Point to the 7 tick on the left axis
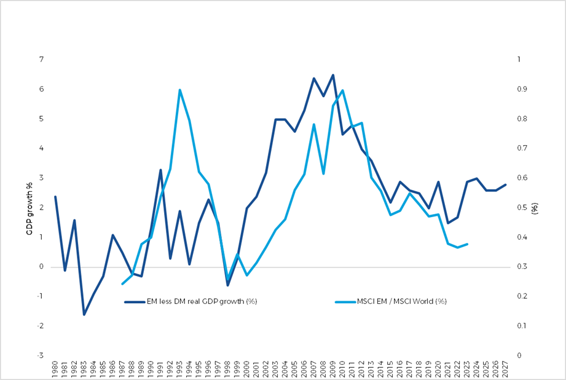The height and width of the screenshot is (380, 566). (x=42, y=60)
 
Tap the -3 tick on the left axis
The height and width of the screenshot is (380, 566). (x=41, y=355)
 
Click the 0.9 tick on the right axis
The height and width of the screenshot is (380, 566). (x=522, y=89)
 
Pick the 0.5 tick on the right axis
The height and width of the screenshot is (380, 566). (x=522, y=208)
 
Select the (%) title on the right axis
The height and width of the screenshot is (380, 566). (x=535, y=208)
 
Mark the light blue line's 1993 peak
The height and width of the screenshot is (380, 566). (x=179, y=90)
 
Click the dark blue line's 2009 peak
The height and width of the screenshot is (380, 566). (x=333, y=75)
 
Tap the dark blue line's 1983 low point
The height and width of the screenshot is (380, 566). (x=84, y=315)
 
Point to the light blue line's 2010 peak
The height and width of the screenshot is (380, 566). (x=342, y=90)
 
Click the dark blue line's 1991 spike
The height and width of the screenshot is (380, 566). (x=160, y=170)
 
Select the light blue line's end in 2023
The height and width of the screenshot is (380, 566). (x=467, y=244)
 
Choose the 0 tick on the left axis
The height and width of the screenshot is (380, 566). (x=42, y=267)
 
